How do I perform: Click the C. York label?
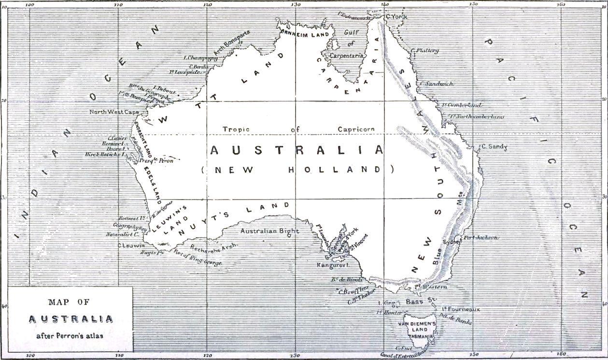point(397,17)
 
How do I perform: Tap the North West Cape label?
point(113,112)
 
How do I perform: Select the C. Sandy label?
point(494,147)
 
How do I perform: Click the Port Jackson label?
point(481,238)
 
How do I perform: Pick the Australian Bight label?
point(269,231)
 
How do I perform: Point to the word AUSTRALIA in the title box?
point(71,319)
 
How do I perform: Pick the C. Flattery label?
point(425,50)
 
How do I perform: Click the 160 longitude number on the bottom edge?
point(561,356)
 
